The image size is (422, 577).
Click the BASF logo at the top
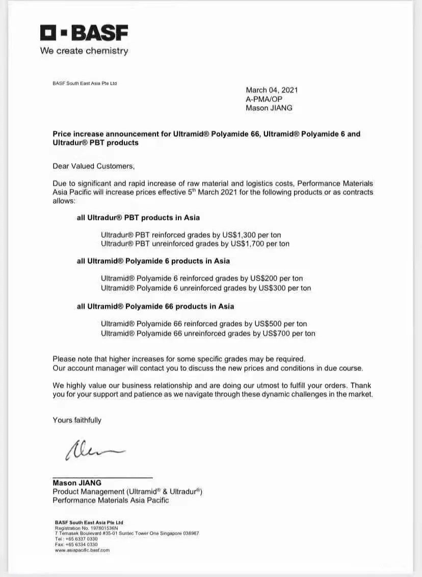(x=84, y=33)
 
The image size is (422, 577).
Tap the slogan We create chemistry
(x=84, y=51)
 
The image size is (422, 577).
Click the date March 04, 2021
(x=272, y=90)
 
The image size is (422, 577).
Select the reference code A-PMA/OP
(x=264, y=99)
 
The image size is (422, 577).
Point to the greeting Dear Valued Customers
(x=93, y=166)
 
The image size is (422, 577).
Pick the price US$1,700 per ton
(x=260, y=244)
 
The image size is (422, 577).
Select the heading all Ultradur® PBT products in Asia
(x=138, y=217)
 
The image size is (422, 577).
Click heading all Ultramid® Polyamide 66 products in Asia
(x=155, y=306)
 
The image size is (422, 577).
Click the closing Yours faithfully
(x=77, y=420)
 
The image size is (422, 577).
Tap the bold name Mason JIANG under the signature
(x=77, y=483)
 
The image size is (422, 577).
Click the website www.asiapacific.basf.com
(x=82, y=550)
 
